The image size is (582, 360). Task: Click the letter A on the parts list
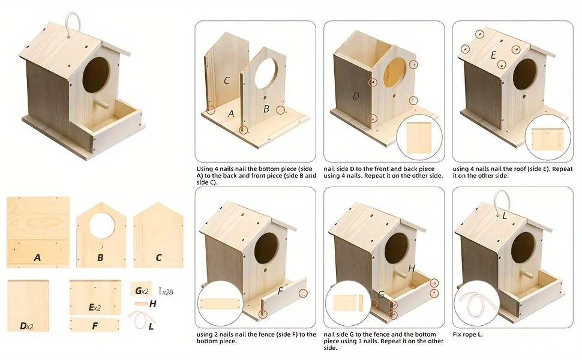pos(37,257)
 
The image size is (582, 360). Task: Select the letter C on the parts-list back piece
pos(159,257)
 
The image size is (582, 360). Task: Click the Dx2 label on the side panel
pos(27,326)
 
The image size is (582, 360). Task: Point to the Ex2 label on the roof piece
pos(95,307)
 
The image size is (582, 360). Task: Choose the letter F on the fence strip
pos(95,326)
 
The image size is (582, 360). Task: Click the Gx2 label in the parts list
pos(142,290)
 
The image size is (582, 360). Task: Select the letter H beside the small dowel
pos(152,304)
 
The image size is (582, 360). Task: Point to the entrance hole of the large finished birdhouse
pos(97,75)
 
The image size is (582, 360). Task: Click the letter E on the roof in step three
pos(493,55)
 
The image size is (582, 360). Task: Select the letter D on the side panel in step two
pos(356,96)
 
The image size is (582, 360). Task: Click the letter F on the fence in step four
pos(280,291)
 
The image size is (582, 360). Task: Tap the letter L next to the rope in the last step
pos(505,215)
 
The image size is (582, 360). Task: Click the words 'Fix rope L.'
pos(467,334)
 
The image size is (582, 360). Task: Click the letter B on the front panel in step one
pos(266,109)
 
